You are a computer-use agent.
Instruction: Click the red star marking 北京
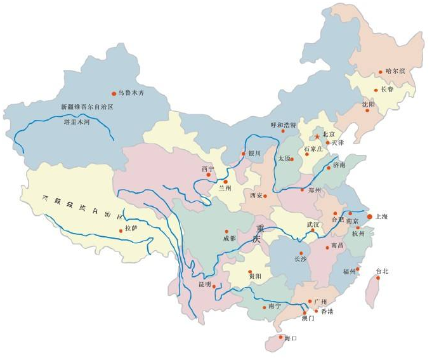click(x=317, y=136)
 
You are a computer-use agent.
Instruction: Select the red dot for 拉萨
click(x=121, y=230)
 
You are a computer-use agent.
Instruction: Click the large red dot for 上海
click(x=370, y=217)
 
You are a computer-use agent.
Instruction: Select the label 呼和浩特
click(x=283, y=124)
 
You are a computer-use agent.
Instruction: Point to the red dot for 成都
click(x=226, y=231)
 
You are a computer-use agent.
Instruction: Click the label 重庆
click(x=257, y=233)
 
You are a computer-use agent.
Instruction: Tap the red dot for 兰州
click(x=225, y=182)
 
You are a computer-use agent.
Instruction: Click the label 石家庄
click(x=313, y=148)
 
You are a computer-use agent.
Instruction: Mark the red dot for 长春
click(x=376, y=90)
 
